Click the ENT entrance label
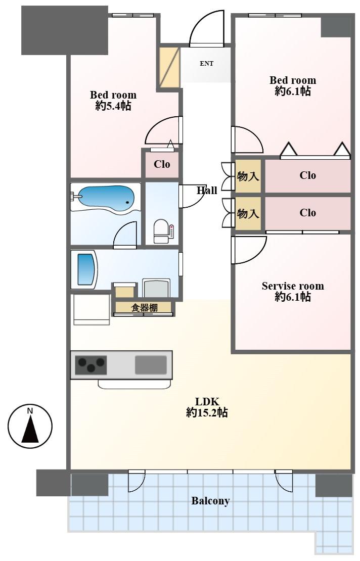pos(206,64)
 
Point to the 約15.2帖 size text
pos(206,413)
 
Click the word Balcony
pos(210,501)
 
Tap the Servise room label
pos(293,286)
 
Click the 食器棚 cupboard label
pos(144,307)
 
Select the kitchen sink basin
pos(151,365)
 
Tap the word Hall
pos(207,190)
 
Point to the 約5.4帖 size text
pos(113,106)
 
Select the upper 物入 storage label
pos(248,176)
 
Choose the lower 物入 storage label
pos(248,213)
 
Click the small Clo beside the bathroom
pos(162,164)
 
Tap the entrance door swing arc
pos(205,29)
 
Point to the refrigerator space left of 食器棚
pos(92,309)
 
